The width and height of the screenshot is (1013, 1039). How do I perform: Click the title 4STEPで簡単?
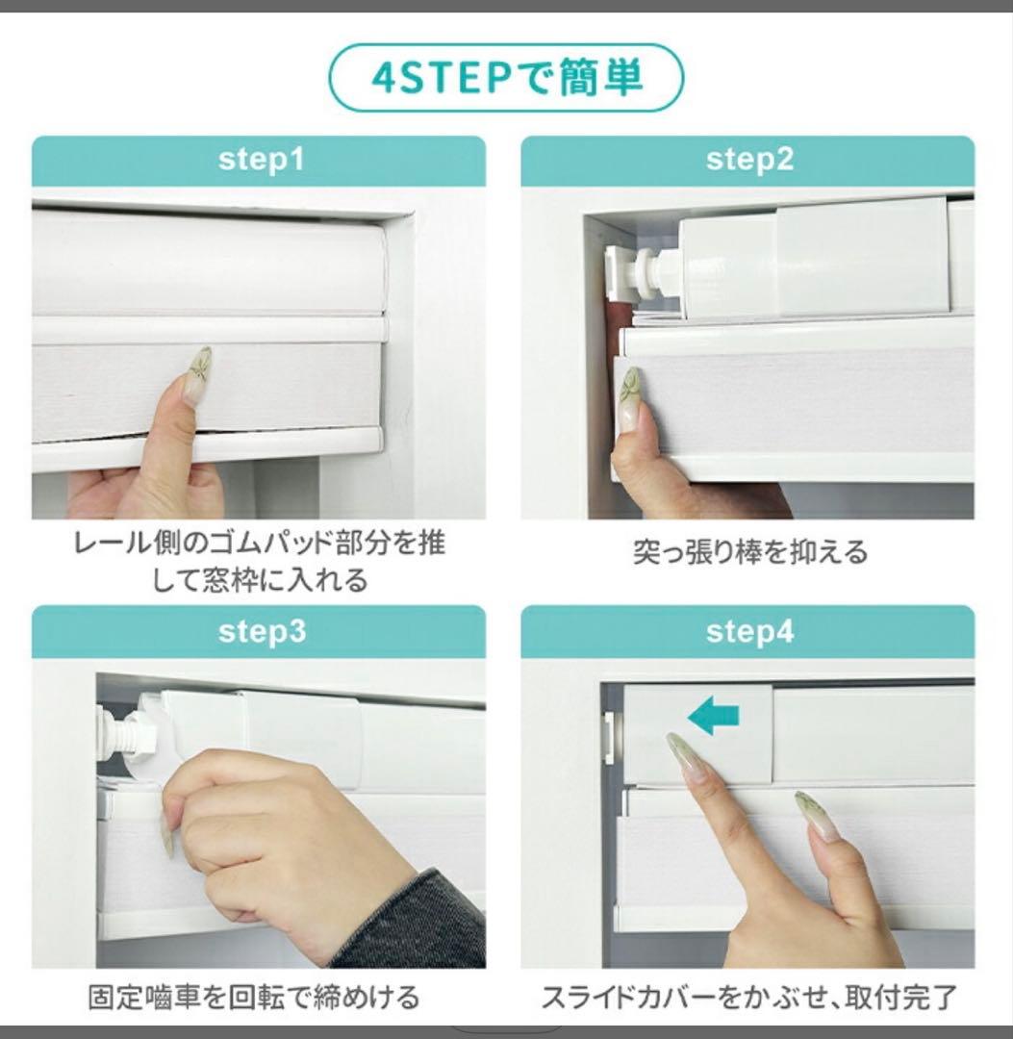(x=506, y=78)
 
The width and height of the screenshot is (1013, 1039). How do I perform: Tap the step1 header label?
(x=260, y=160)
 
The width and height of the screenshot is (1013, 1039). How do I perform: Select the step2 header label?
(x=749, y=160)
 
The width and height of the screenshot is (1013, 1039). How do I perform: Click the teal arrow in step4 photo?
(x=714, y=716)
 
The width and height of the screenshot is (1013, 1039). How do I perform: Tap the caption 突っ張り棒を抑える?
(x=749, y=552)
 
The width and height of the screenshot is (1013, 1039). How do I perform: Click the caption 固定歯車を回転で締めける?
(x=254, y=997)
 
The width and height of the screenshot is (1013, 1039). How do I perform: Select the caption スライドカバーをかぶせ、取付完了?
(x=749, y=997)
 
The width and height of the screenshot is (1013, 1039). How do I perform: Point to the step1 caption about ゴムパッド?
(x=260, y=562)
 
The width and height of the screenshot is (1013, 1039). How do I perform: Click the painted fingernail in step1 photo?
(x=198, y=375)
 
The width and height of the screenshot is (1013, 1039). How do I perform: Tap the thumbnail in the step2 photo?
(x=630, y=398)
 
